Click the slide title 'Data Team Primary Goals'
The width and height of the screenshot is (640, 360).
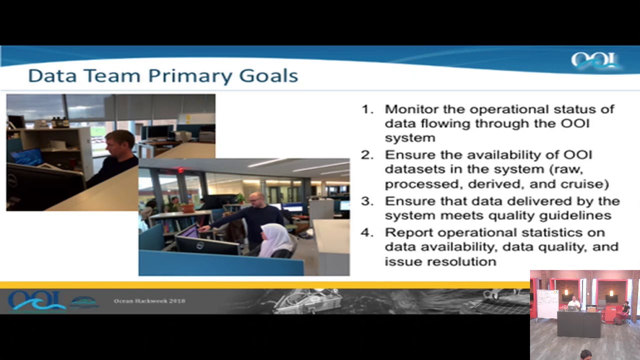pos(163,76)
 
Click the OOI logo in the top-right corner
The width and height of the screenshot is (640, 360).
pos(595,61)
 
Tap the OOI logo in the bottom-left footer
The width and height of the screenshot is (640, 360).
pos(36,300)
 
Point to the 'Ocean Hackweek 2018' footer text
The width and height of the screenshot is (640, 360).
pos(149,301)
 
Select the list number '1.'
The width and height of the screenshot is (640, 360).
pos(367,109)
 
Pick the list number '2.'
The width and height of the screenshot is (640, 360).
pos(367,155)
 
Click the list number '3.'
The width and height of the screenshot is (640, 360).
pos(367,201)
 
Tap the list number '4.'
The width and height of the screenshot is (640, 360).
pos(367,232)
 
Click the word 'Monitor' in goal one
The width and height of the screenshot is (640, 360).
pos(408,109)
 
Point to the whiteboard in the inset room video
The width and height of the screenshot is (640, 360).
pos(547,303)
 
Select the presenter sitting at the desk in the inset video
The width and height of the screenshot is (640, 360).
pos(574,302)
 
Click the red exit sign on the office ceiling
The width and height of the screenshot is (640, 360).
pos(181,170)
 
